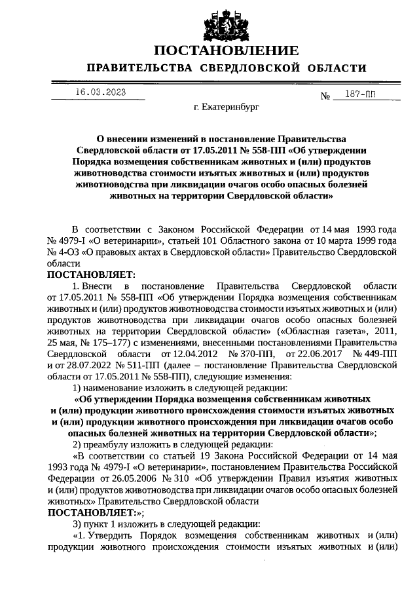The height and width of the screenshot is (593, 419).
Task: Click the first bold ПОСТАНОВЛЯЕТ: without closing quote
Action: [x=90, y=274]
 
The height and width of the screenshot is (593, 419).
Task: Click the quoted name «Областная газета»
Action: [x=318, y=332]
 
